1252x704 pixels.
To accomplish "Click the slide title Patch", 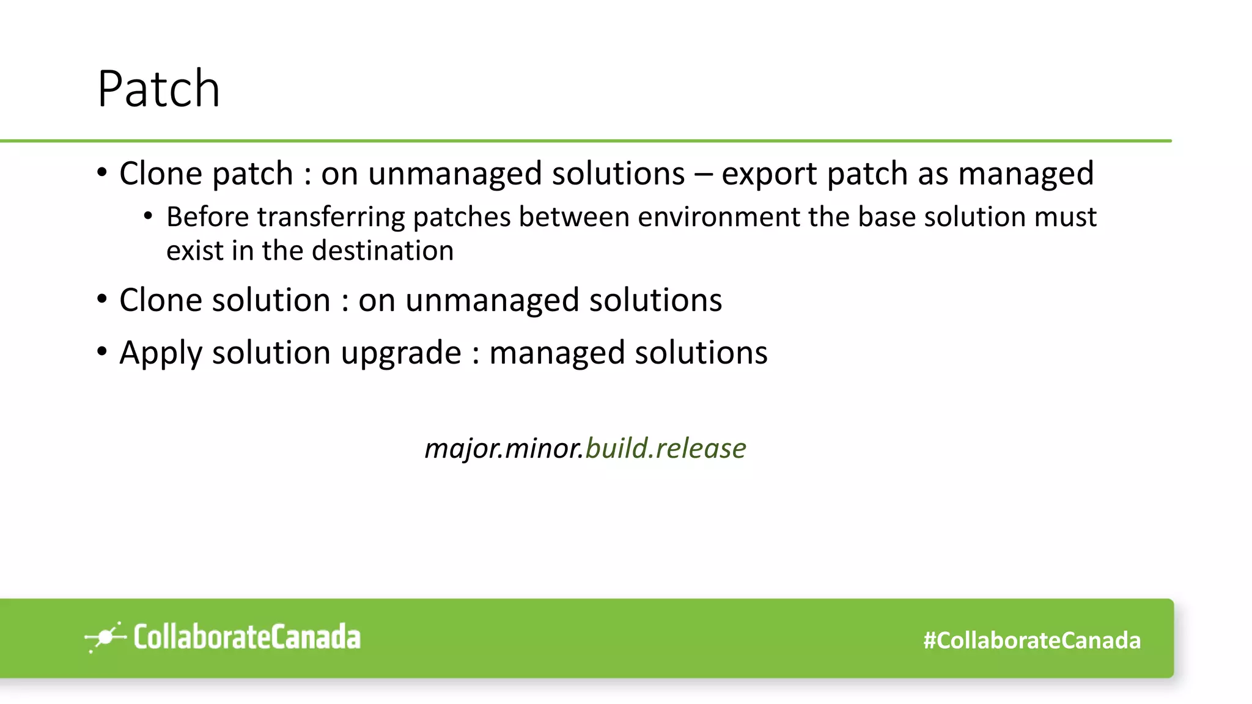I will pos(158,89).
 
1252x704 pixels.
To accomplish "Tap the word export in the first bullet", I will pos(769,174).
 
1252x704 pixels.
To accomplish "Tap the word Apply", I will pos(161,353).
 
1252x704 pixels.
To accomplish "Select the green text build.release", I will pos(665,449).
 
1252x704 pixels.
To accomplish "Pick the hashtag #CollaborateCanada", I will pos(1032,640).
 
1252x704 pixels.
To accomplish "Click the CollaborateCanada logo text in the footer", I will pos(247,637).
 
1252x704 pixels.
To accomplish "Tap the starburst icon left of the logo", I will pos(105,637).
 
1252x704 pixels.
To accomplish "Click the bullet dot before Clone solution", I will pos(102,299).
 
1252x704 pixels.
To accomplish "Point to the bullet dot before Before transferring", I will pos(148,216).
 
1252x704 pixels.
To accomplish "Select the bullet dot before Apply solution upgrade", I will pos(102,351).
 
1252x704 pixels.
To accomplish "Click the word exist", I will pos(195,251).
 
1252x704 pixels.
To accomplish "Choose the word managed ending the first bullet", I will pos(1025,174).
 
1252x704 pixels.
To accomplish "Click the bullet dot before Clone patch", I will pos(102,172).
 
